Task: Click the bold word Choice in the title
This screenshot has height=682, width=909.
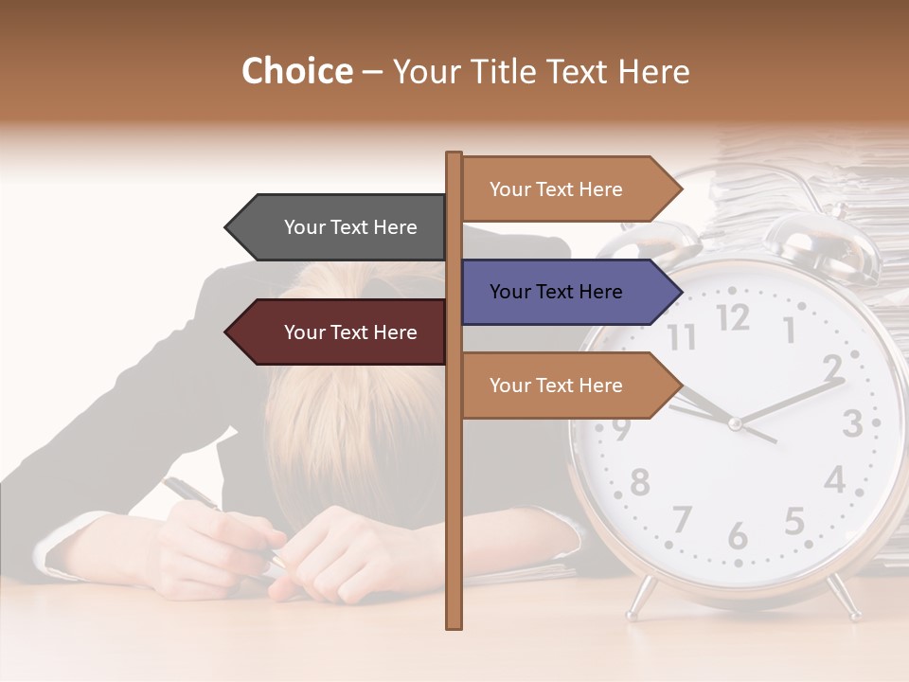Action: pos(296,72)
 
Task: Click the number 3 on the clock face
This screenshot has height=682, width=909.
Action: pos(851,422)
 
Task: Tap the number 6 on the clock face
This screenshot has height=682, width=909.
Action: pos(738,536)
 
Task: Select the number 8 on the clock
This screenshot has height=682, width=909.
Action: pos(640,482)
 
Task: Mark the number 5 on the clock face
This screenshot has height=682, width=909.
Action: pos(794,521)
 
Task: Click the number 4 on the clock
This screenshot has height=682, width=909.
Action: pos(834,479)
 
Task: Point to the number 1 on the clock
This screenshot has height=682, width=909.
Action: pos(789,330)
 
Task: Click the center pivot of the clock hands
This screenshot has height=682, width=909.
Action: pos(735,423)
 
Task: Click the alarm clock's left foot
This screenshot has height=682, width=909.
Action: pos(641,597)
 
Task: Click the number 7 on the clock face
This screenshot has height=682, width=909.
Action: pos(681,519)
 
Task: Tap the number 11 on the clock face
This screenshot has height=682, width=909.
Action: pos(681,337)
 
